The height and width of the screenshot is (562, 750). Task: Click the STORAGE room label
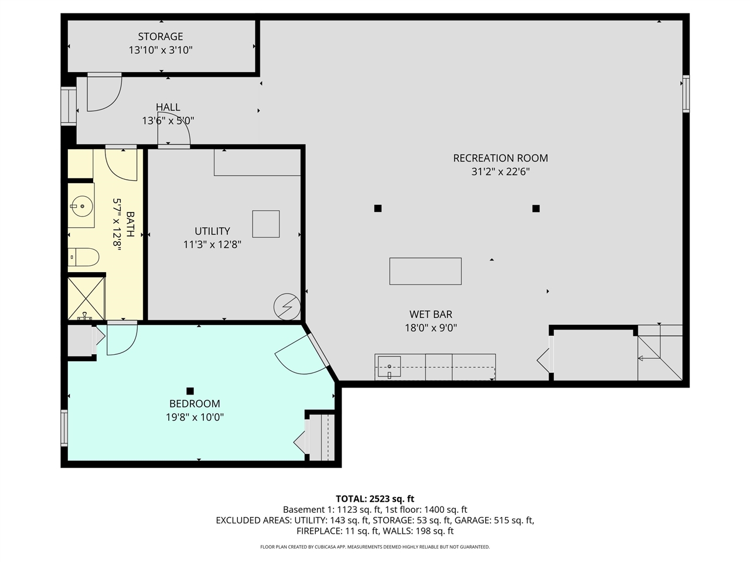click(x=161, y=36)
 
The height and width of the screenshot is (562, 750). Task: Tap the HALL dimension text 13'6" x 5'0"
click(x=168, y=121)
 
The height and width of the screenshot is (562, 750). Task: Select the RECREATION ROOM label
click(x=500, y=158)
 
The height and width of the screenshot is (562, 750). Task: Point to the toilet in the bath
click(x=83, y=257)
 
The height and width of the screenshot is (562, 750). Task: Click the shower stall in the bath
click(x=86, y=299)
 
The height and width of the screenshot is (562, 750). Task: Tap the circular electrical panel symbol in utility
click(x=287, y=306)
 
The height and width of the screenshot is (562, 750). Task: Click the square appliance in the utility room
click(x=265, y=224)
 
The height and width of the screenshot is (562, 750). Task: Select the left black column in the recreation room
click(x=378, y=208)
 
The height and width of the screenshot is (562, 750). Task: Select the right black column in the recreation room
click(x=536, y=208)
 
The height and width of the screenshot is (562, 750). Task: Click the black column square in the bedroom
click(x=190, y=390)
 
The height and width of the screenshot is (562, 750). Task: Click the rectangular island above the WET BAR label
click(x=425, y=271)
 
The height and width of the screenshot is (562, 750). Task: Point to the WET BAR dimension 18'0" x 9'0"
click(x=431, y=328)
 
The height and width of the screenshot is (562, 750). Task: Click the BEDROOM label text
click(x=195, y=403)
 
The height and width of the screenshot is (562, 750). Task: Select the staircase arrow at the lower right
click(x=648, y=357)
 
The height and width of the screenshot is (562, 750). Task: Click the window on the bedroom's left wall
click(x=64, y=428)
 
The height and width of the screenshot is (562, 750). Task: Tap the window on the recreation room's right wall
click(x=686, y=94)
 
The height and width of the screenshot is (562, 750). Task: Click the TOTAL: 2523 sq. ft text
click(x=375, y=499)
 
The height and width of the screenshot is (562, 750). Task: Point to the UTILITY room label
click(x=212, y=231)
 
